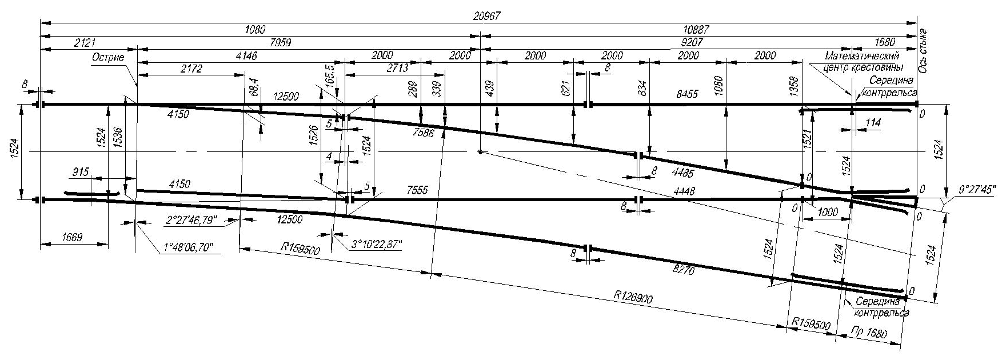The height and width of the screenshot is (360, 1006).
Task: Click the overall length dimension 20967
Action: (x=486, y=17)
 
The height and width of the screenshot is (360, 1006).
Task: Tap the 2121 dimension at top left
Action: (x=87, y=42)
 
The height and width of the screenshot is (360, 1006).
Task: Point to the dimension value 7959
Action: (x=305, y=42)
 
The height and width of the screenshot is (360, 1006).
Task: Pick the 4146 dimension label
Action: (x=246, y=55)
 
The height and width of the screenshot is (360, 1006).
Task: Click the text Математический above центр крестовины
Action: (x=863, y=56)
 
